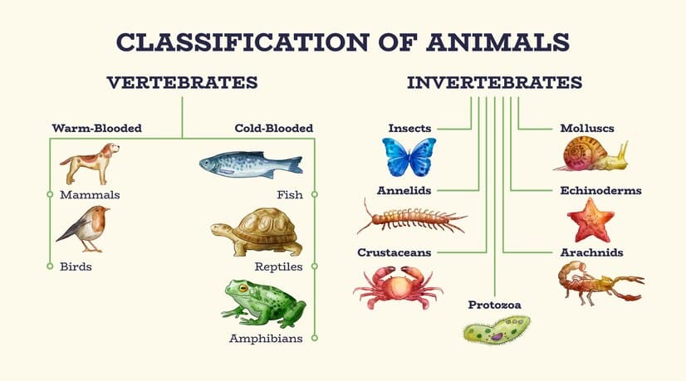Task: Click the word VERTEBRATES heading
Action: (182, 82)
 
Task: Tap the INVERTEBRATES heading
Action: (494, 82)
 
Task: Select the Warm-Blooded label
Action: (96, 128)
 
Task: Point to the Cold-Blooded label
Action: (274, 128)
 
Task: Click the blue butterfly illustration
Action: (409, 157)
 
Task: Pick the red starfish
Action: (590, 221)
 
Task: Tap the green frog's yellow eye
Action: (243, 288)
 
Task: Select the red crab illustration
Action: (398, 287)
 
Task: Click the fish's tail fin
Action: (293, 165)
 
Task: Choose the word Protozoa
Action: (494, 305)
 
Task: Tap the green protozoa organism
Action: (497, 330)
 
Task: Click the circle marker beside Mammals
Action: (50, 194)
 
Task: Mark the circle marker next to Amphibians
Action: (315, 338)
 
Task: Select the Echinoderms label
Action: (600, 191)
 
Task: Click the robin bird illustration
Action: (83, 228)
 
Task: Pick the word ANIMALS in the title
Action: (497, 42)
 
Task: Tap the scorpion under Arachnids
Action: (600, 282)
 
